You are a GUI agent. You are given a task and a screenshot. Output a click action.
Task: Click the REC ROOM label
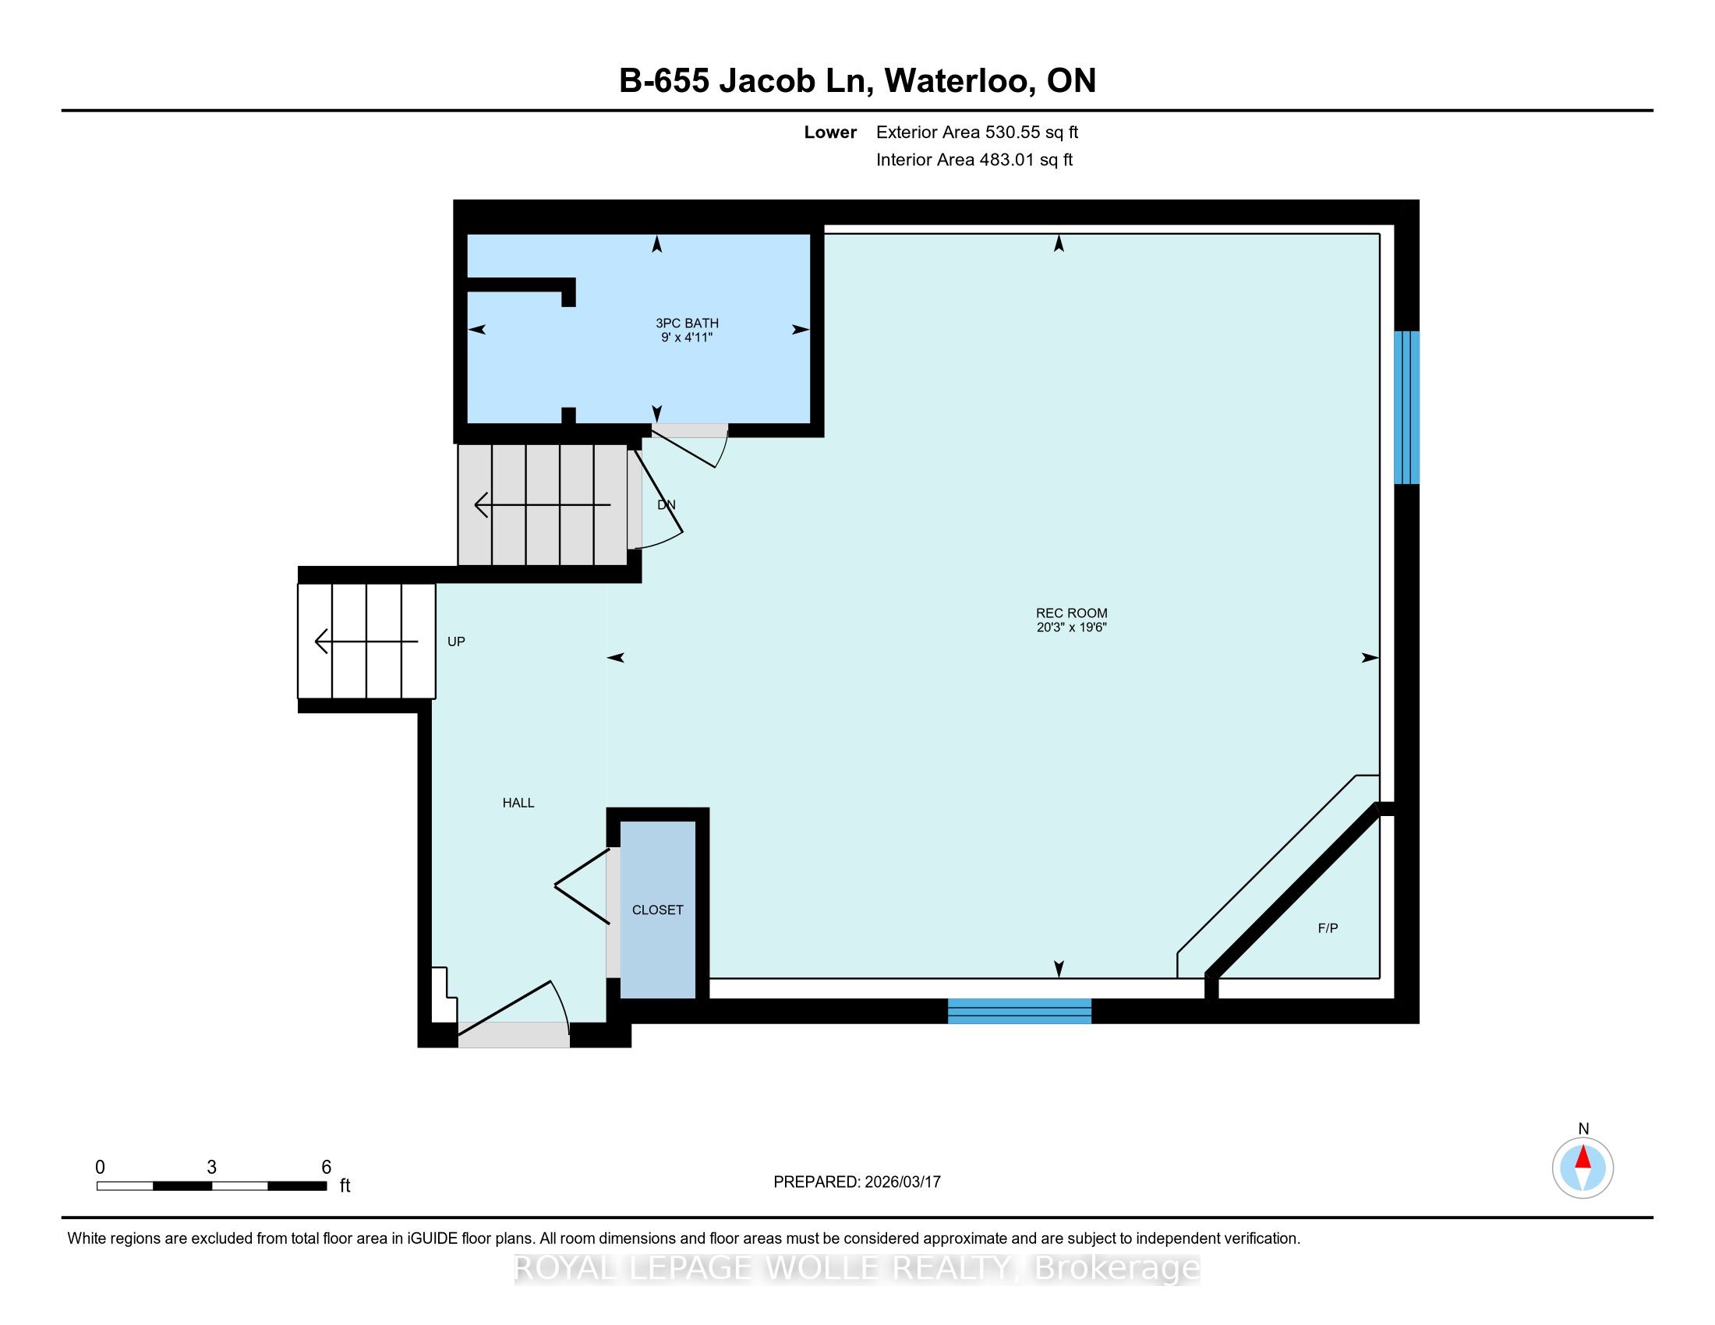tap(1071, 613)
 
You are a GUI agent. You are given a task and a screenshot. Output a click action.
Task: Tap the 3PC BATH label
tap(687, 323)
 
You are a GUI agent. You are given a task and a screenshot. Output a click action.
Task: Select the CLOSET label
tap(658, 910)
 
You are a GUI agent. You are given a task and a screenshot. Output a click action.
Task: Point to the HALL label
tap(518, 802)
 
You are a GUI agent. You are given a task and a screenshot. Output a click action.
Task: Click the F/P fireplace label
tap(1328, 927)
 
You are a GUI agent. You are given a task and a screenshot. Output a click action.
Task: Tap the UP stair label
tap(456, 641)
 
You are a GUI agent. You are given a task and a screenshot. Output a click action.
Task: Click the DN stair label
tap(667, 505)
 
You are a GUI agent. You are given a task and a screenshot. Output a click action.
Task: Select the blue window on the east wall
tap(1406, 408)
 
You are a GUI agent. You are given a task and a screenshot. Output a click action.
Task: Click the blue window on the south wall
tap(1020, 1011)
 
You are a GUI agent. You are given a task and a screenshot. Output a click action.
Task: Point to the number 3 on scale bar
tap(212, 1168)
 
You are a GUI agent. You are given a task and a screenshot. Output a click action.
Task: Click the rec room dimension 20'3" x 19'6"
tap(1071, 627)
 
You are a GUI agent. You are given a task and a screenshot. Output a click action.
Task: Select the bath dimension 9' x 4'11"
tap(687, 337)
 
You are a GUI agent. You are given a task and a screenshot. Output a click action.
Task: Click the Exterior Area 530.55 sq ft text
tap(977, 132)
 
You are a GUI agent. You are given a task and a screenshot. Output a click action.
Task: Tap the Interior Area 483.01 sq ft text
tap(974, 159)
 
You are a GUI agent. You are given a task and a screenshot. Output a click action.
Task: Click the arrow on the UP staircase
tap(366, 641)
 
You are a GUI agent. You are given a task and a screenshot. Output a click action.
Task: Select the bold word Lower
tap(830, 132)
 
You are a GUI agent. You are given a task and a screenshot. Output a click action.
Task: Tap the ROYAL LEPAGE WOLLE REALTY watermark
tap(857, 1267)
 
